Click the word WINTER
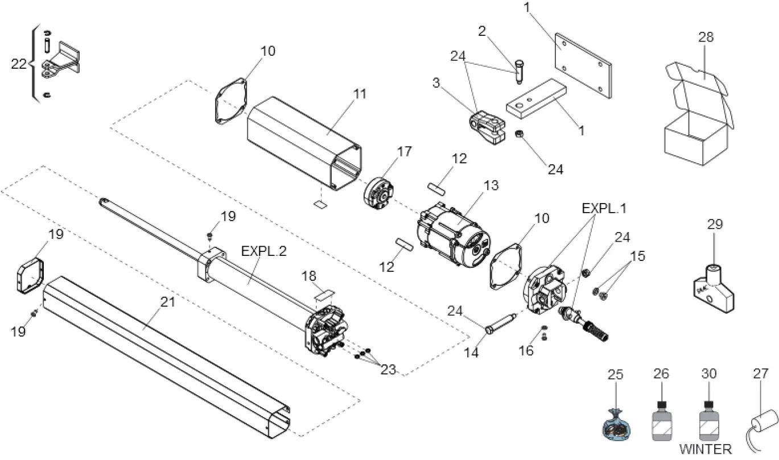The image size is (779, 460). click(x=706, y=449)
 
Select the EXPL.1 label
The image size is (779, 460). click(x=604, y=208)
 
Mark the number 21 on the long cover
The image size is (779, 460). click(x=167, y=302)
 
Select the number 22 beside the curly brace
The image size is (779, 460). click(x=19, y=64)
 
